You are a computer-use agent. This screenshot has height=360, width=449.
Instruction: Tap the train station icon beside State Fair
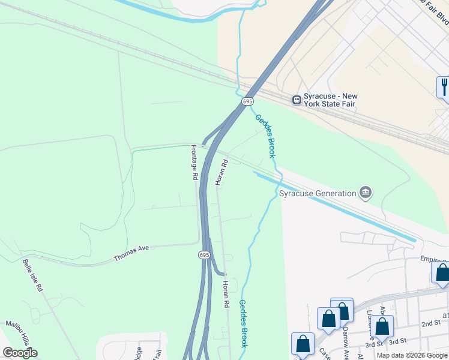297,100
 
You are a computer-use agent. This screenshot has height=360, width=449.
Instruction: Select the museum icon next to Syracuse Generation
365,193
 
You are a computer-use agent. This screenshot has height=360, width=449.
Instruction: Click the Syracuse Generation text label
318,193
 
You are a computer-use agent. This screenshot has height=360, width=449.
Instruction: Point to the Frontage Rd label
194,163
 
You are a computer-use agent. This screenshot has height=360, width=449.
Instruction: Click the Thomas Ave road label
131,254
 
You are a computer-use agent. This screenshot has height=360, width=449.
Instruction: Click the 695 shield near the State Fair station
247,101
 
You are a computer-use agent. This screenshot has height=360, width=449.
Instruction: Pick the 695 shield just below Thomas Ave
205,255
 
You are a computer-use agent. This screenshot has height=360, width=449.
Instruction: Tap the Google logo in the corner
20,352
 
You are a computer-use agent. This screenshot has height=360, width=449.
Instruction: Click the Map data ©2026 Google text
412,355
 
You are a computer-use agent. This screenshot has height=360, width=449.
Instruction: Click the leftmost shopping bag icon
303,344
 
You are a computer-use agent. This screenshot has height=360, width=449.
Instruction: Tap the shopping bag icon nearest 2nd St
382,327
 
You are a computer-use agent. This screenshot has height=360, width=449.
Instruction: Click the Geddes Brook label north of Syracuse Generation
265,136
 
